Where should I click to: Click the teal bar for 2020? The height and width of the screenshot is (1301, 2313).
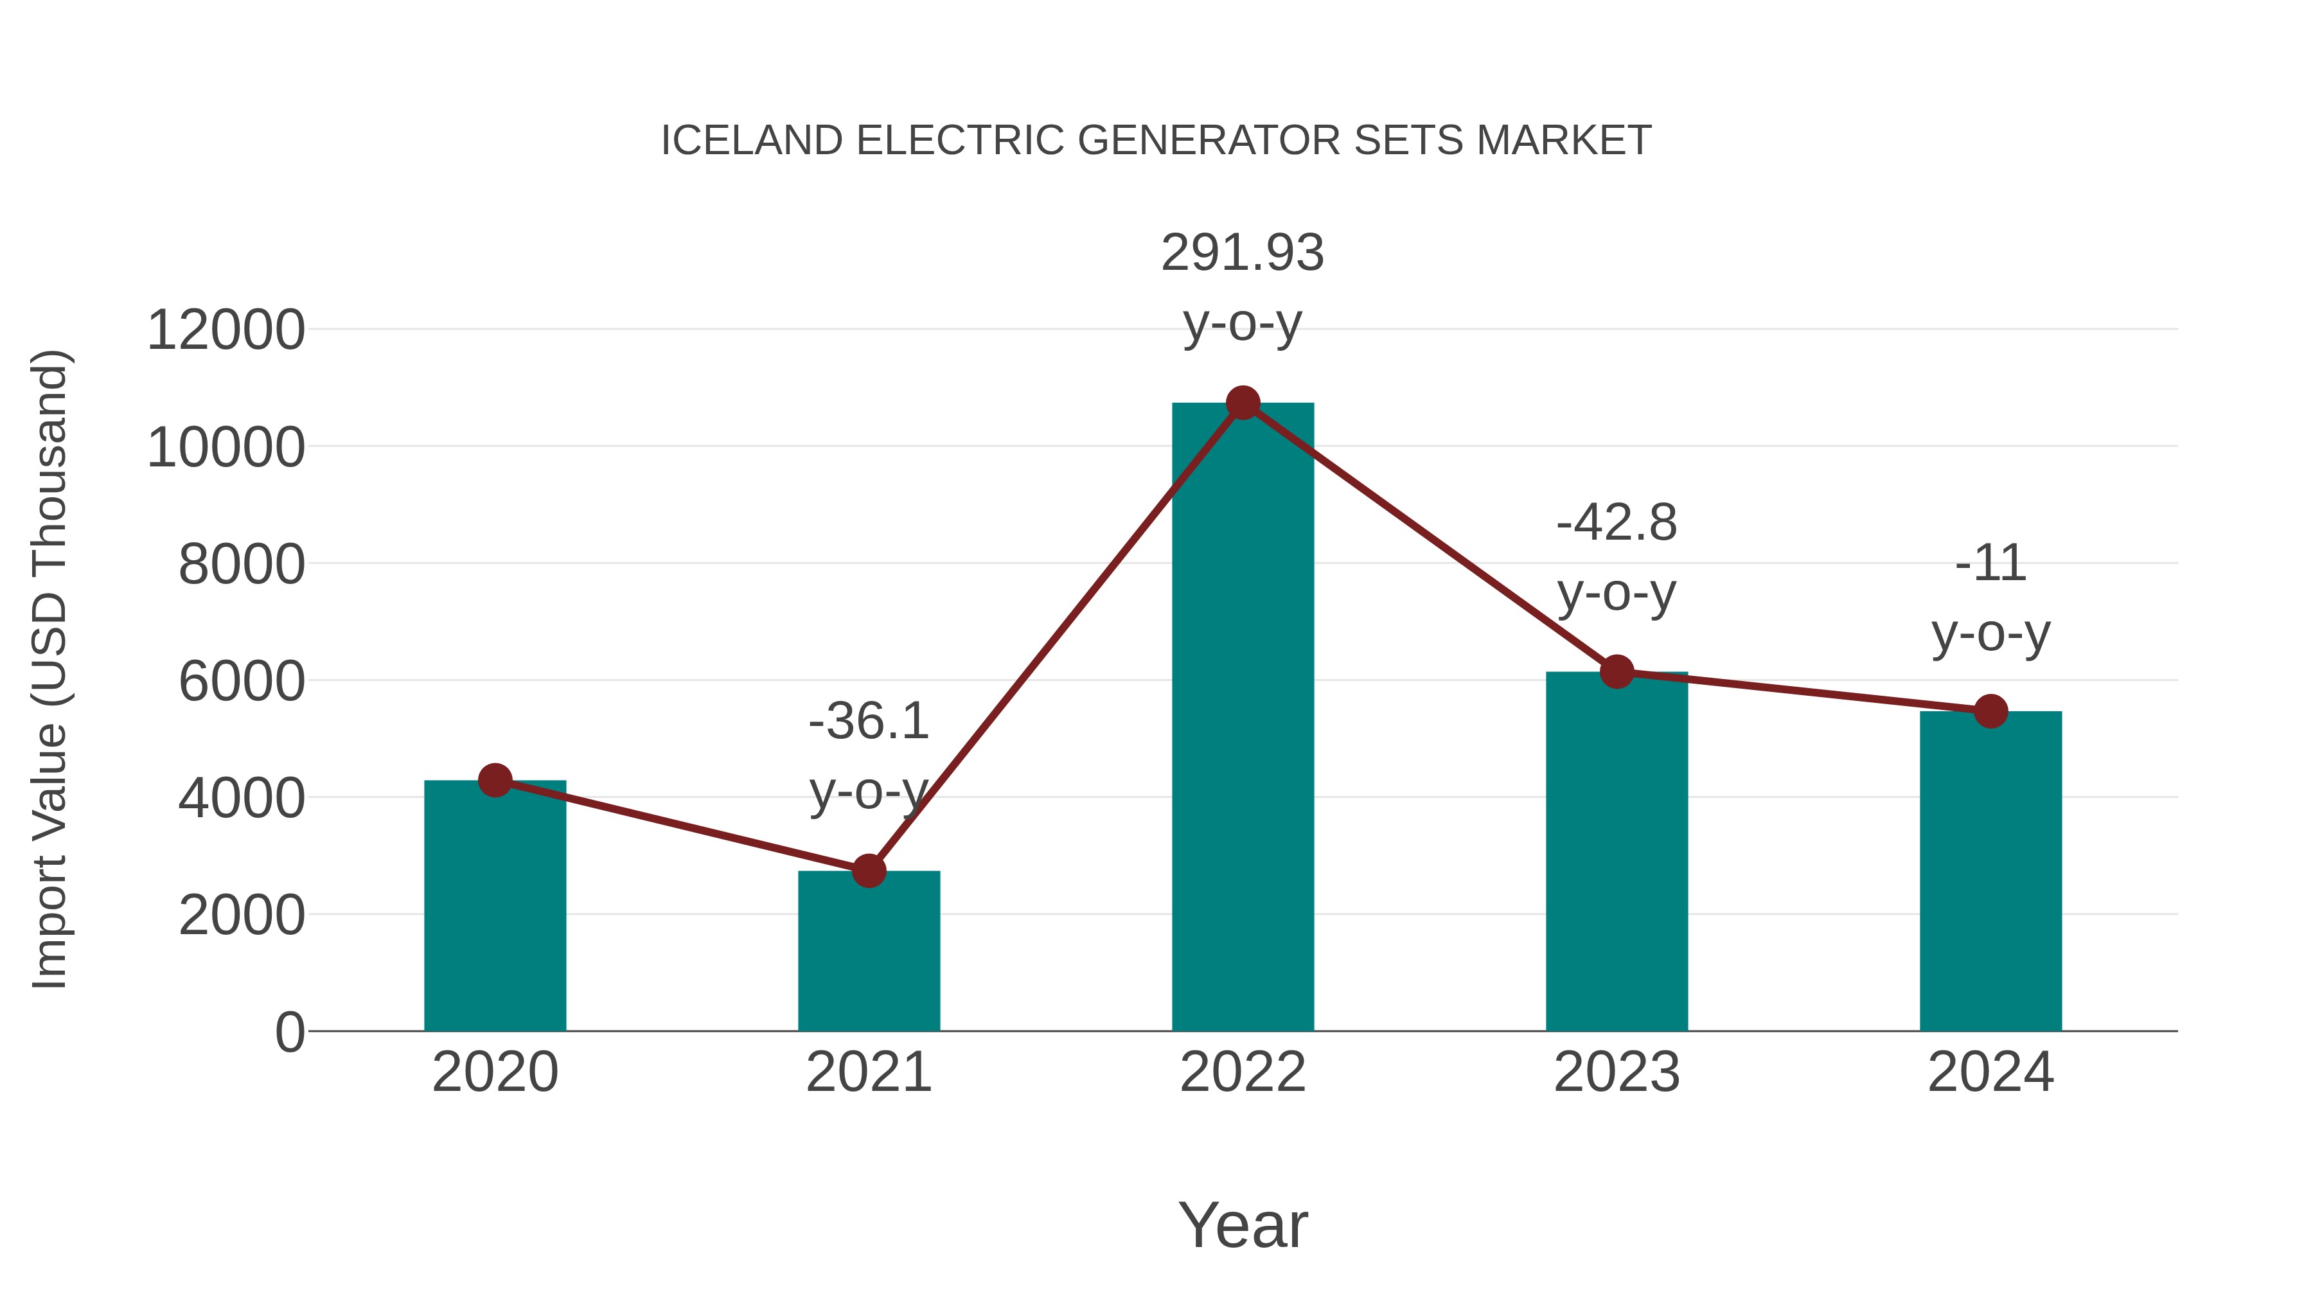(x=495, y=907)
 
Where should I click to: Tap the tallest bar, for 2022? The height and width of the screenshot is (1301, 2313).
(x=1243, y=718)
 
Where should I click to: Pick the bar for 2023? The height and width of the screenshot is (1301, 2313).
(x=1617, y=853)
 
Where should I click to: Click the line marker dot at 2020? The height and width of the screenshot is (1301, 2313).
(x=495, y=780)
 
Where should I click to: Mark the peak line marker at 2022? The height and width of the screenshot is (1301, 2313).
(x=1243, y=403)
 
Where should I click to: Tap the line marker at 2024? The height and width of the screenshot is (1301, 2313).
(x=1990, y=711)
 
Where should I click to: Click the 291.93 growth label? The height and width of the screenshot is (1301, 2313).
(x=1243, y=253)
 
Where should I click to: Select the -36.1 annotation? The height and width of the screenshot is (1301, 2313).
(x=868, y=721)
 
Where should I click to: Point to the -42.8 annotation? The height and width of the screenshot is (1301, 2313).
(x=1617, y=522)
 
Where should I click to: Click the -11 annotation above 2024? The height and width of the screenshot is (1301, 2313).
(x=1990, y=564)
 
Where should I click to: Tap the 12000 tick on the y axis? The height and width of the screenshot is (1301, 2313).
(x=226, y=330)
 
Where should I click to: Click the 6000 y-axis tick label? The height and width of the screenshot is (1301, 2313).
(x=242, y=682)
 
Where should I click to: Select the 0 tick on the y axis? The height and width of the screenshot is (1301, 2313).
(x=289, y=1032)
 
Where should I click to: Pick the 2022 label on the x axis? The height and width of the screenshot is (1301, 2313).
(x=1243, y=1072)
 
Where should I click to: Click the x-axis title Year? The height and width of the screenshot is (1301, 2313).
(x=1243, y=1225)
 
